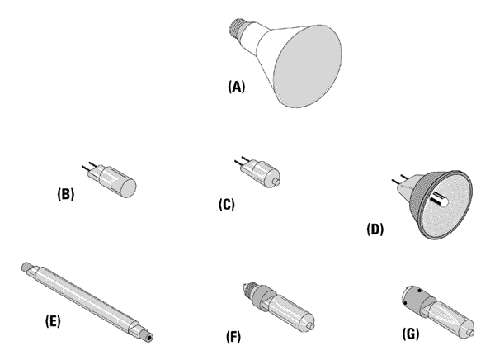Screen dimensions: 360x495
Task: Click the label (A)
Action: (x=237, y=86)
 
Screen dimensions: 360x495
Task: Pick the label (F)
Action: (x=233, y=336)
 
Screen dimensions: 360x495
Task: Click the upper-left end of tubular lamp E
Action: (x=26, y=266)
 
